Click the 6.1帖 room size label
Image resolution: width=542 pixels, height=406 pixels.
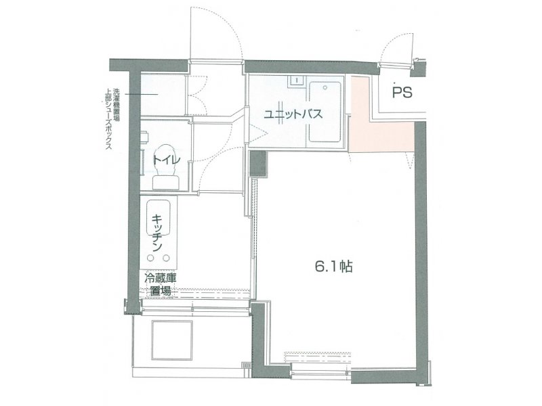pos(333,267)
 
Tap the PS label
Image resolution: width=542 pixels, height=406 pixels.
pos(402,93)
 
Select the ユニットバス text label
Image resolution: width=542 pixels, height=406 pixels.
pos(293,114)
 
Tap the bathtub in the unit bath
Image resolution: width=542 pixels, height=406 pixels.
pos(325,112)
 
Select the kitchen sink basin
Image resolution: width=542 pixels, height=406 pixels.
pos(159,218)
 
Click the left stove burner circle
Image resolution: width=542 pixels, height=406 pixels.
pos(151,258)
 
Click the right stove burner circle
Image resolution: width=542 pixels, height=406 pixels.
pos(167,258)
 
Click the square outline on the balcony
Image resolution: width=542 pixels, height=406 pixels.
pos(172,340)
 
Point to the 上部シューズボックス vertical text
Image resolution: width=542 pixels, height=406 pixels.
pos(108,119)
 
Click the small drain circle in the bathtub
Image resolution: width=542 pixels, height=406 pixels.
pos(325,88)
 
